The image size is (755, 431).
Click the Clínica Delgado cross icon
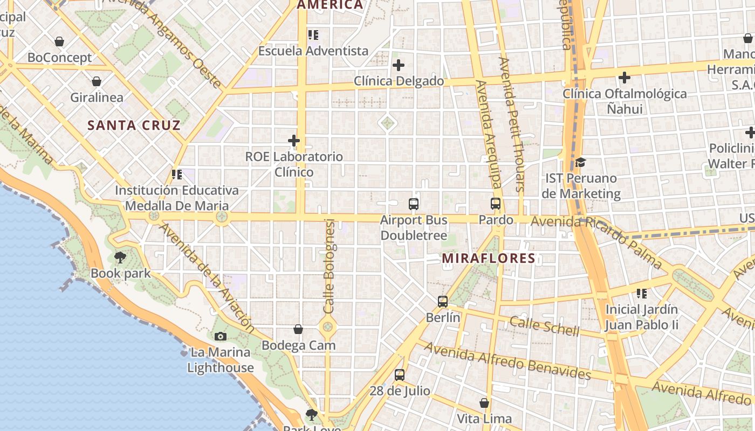pos(399,66)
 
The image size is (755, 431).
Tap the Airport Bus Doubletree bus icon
pos(414,204)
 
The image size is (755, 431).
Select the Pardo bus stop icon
pos(496,204)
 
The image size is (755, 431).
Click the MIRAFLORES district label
pos(489,259)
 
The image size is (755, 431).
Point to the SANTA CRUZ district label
pos(134,126)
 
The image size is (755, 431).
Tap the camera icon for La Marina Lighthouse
pos(220,337)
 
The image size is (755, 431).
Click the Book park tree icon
pos(120,258)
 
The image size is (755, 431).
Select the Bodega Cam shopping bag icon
pos(298,329)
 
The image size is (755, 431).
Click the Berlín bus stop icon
pos(443,302)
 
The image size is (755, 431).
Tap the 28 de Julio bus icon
pos(399,375)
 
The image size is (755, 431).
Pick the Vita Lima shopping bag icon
pos(484,403)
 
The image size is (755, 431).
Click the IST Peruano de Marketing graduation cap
pos(580,162)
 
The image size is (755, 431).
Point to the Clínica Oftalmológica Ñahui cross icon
pos(624,78)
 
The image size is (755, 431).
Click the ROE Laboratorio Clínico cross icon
pos(294,141)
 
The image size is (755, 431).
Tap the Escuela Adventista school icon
pos(313,36)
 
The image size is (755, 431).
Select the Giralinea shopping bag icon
pos(97,82)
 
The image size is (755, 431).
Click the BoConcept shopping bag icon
pos(59,41)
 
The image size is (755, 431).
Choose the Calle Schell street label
pos(544,326)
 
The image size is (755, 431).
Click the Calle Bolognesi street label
pos(330,267)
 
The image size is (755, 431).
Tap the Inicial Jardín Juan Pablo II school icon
pos(642,294)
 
